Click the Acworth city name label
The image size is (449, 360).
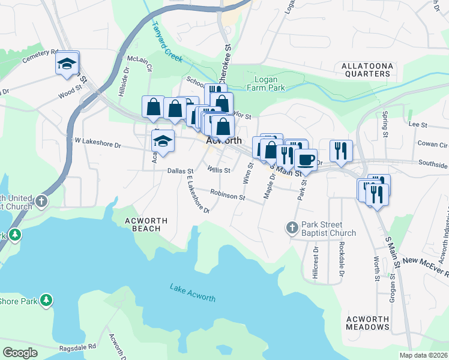223,140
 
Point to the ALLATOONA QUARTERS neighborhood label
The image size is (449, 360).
366,69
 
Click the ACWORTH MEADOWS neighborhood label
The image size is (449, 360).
368,322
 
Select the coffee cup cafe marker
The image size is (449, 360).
306,160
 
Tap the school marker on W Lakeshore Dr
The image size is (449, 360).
162,141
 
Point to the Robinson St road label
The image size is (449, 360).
228,196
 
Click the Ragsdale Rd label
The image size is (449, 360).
77,347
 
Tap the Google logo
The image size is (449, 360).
20,353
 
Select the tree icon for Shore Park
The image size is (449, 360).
46,301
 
